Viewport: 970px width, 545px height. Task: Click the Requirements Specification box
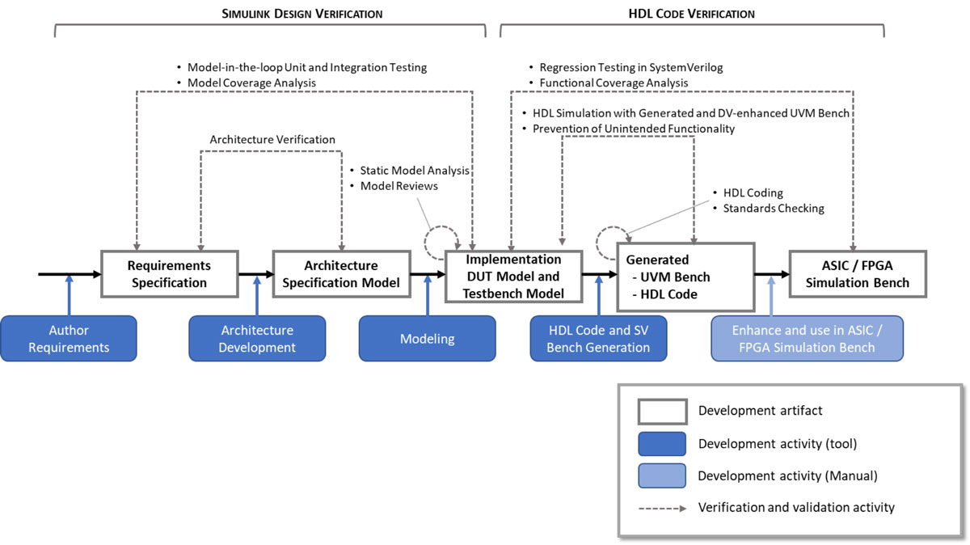coord(169,274)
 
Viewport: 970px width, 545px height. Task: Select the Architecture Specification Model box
coord(341,274)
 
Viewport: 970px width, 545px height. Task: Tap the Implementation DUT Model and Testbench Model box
coord(513,277)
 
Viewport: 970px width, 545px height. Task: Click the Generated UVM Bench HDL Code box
coord(685,277)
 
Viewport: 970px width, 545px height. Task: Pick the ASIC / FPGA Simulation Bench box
coord(858,274)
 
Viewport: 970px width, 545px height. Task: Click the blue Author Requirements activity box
coord(69,338)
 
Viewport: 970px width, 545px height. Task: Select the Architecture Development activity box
coord(257,338)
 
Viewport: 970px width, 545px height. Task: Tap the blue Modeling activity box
coord(427,338)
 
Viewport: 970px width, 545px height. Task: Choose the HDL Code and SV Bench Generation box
coord(598,338)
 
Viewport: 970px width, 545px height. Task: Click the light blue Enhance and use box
coord(806,338)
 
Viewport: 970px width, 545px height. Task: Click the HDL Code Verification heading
coord(691,14)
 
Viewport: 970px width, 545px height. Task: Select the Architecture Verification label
coord(272,139)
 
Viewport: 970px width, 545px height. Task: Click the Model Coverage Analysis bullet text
coord(251,82)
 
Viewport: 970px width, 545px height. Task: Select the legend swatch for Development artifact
coord(661,411)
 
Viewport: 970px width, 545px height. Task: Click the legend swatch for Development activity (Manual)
coord(661,476)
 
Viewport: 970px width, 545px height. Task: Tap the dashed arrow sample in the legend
coord(661,508)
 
